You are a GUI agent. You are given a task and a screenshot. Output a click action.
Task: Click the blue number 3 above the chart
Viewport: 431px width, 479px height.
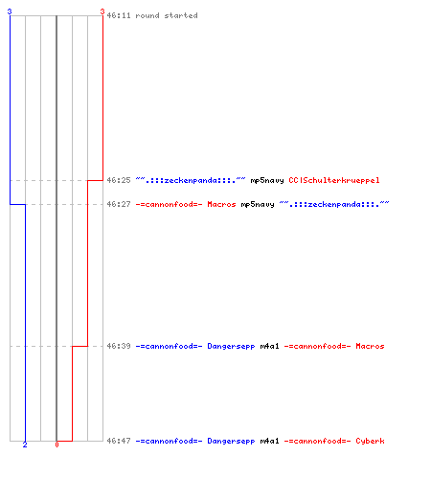[10, 11]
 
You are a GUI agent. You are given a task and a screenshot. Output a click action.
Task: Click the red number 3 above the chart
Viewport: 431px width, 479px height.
[102, 11]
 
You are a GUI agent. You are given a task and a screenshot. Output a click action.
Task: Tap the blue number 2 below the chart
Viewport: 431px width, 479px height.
[25, 445]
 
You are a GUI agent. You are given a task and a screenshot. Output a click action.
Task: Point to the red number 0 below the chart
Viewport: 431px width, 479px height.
[57, 445]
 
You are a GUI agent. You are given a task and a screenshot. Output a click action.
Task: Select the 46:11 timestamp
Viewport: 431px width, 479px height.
[119, 15]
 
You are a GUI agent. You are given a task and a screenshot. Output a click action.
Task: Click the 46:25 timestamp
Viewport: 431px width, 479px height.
[119, 180]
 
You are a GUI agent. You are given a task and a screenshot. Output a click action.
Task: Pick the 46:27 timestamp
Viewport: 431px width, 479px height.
[119, 204]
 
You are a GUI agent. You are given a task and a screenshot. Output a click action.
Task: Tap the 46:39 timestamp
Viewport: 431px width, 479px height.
[119, 346]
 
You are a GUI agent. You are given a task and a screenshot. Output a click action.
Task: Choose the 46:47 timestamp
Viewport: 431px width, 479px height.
[119, 441]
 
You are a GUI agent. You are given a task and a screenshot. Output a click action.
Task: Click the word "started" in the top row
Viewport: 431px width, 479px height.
[181, 15]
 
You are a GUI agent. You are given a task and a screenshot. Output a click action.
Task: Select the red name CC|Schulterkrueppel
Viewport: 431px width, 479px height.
[334, 180]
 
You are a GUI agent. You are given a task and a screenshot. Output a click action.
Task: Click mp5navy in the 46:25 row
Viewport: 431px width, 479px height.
[267, 181]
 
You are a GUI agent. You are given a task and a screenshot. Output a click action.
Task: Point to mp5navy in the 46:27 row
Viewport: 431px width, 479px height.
[258, 205]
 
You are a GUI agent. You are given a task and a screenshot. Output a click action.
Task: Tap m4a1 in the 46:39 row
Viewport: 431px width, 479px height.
[270, 346]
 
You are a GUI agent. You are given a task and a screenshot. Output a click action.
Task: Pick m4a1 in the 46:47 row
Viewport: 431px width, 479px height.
[270, 441]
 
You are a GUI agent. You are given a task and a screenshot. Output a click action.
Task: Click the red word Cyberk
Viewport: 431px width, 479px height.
[371, 442]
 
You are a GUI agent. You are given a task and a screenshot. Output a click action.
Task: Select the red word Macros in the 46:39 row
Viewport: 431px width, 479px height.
[371, 346]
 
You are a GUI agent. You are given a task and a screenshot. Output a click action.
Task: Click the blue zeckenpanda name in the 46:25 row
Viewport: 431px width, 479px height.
[191, 180]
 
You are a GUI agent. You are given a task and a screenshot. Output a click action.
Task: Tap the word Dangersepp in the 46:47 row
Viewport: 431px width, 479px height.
[231, 442]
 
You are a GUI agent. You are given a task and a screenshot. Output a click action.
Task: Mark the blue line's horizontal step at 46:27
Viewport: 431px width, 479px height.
[17, 204]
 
